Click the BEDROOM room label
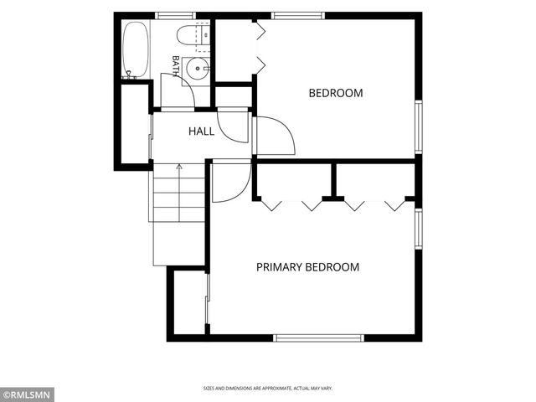tap(336, 93)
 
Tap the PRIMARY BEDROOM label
tap(307, 267)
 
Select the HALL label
tap(201, 131)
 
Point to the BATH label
tap(176, 65)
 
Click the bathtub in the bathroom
tap(136, 50)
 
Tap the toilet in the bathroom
tap(193, 35)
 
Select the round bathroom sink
tap(198, 69)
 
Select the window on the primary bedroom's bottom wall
tap(318, 338)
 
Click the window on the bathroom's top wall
tap(175, 15)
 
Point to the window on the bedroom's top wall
tap(298, 15)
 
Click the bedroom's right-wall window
tap(419, 126)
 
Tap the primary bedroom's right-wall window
tap(419, 229)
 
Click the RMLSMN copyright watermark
tap(27, 395)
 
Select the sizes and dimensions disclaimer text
tap(268, 389)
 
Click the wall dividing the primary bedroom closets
tap(333, 181)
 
